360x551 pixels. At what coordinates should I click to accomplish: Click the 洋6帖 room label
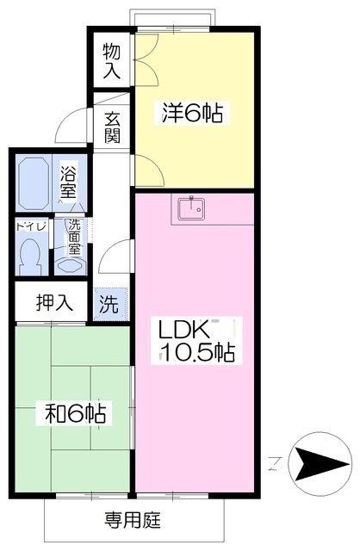click(x=192, y=113)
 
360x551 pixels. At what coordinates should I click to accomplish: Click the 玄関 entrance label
click(x=112, y=127)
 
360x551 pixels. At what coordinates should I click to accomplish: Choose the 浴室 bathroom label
click(x=68, y=182)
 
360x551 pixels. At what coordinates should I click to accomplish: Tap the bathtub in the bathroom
click(x=33, y=183)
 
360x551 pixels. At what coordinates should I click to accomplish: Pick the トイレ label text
click(x=32, y=226)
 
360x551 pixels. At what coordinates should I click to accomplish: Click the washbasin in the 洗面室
click(x=71, y=266)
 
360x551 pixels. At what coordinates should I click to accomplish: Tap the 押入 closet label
click(x=54, y=302)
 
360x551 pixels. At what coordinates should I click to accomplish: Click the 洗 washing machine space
click(x=109, y=304)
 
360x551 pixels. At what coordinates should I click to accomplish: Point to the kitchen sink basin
click(x=191, y=208)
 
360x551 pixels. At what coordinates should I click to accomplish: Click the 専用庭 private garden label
click(x=132, y=520)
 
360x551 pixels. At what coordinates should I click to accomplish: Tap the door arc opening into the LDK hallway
click(x=112, y=253)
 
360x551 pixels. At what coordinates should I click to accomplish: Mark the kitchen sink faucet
click(x=191, y=201)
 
